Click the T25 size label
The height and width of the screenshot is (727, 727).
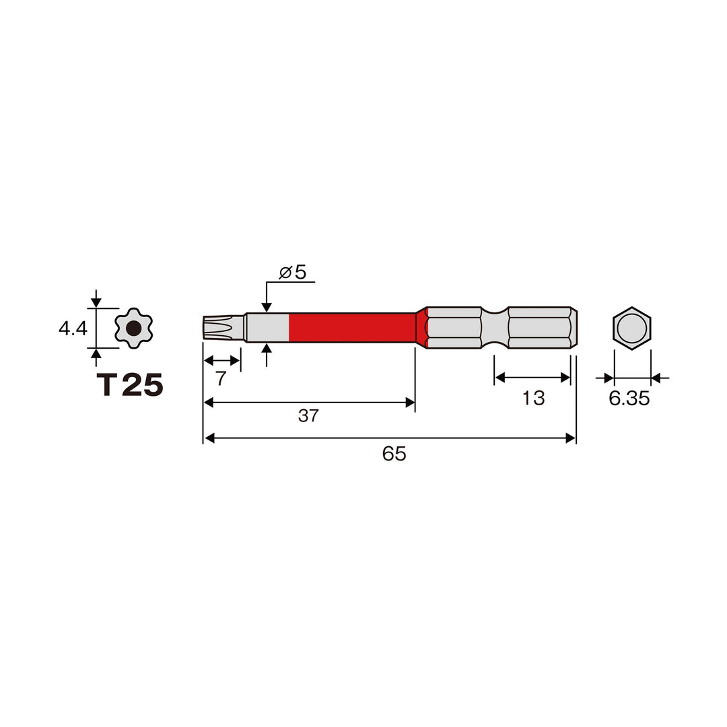click(x=130, y=385)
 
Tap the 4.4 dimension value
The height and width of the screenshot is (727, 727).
click(x=73, y=328)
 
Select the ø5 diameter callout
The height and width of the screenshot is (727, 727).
click(x=293, y=272)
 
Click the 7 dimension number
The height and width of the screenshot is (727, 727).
click(x=221, y=379)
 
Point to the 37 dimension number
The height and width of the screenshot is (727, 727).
click(x=308, y=415)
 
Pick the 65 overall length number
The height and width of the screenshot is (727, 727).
click(x=394, y=454)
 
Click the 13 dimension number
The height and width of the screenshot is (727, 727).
click(x=533, y=399)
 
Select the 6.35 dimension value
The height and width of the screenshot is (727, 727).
click(x=629, y=399)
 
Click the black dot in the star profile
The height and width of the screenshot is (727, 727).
click(x=133, y=328)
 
